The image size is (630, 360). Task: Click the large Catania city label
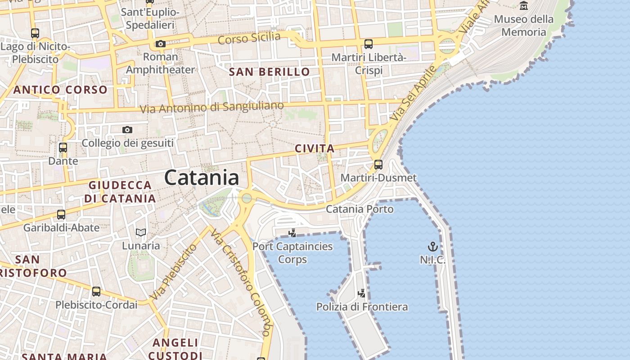coord(202,178)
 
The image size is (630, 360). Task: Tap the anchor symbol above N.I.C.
coord(432,247)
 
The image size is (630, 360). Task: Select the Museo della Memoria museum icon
coord(524,6)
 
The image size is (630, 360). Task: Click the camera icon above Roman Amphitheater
coord(161,44)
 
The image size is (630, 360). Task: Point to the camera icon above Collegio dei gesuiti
coord(127,130)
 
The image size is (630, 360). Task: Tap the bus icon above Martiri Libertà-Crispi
coord(369,44)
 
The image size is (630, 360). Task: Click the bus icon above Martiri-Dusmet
coord(378,164)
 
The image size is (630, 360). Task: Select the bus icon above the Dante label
coord(63,148)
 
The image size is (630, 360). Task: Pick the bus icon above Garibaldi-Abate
coord(61,215)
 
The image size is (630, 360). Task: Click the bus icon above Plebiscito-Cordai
coord(96,292)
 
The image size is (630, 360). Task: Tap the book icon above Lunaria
coord(141,232)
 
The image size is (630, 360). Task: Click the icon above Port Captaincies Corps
coord(292,233)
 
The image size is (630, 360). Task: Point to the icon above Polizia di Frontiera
coord(361,293)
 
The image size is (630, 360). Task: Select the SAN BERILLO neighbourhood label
coord(269,72)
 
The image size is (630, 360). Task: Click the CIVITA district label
coord(315,148)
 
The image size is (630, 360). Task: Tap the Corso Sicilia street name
coord(249,38)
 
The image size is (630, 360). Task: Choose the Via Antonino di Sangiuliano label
coord(211,108)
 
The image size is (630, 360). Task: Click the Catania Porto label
coord(360,209)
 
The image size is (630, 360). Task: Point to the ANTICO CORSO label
coord(60,90)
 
